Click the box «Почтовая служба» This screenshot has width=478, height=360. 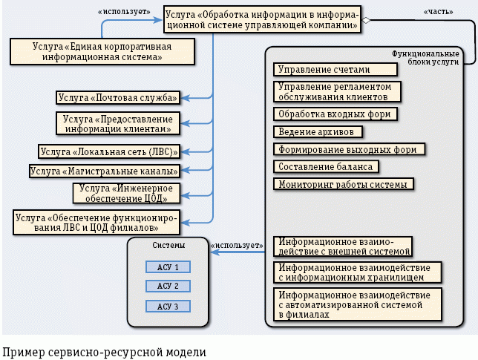(x=118, y=97)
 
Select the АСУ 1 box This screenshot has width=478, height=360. (x=168, y=267)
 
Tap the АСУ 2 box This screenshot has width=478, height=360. (x=168, y=287)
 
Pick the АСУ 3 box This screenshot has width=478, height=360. (x=168, y=306)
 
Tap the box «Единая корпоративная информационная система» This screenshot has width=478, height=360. (x=102, y=52)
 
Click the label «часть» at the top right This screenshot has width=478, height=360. (x=437, y=13)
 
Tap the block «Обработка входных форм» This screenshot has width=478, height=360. (x=334, y=114)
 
